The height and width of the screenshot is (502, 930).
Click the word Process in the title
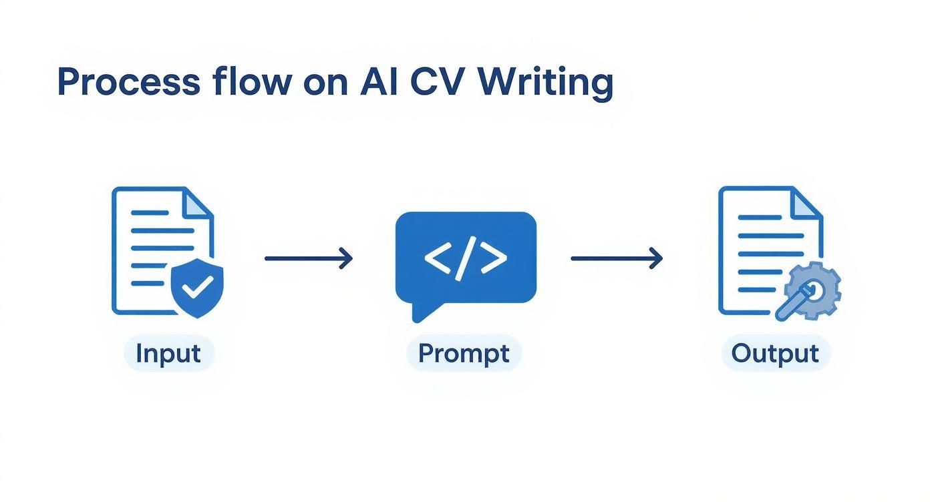click(129, 81)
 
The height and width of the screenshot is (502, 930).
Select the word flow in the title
click(252, 81)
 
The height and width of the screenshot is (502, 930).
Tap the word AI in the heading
click(379, 81)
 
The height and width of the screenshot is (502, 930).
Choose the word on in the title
click(325, 85)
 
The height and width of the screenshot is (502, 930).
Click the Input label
click(168, 354)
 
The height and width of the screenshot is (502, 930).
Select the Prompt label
click(464, 354)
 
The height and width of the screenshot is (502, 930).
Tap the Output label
click(775, 354)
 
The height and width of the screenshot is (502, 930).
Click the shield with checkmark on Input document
click(197, 288)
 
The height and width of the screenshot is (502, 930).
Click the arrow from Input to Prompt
click(309, 258)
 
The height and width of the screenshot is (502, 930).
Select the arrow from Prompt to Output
click(617, 258)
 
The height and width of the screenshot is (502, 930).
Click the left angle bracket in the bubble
click(438, 258)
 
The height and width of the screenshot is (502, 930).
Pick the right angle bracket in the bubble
click(494, 258)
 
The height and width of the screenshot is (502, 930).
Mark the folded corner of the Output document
click(807, 203)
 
